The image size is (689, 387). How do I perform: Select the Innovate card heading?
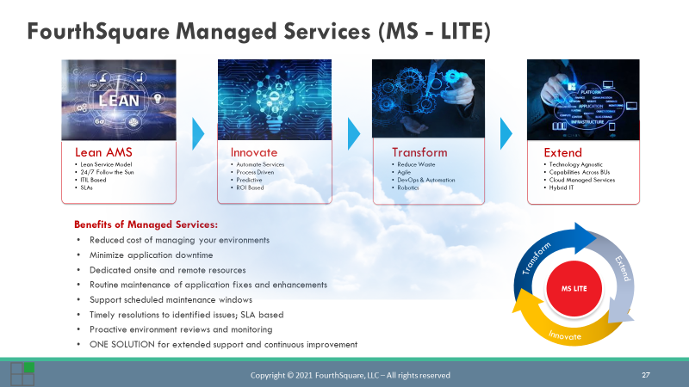[x=254, y=152]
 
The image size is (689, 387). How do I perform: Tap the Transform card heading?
[x=419, y=152]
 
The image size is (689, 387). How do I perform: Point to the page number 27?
[x=646, y=375]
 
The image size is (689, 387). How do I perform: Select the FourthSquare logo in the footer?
[x=22, y=373]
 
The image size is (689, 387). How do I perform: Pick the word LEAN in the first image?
[x=119, y=99]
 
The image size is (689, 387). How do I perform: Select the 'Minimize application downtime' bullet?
[x=151, y=255]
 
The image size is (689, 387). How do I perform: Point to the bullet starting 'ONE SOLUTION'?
[x=223, y=345]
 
